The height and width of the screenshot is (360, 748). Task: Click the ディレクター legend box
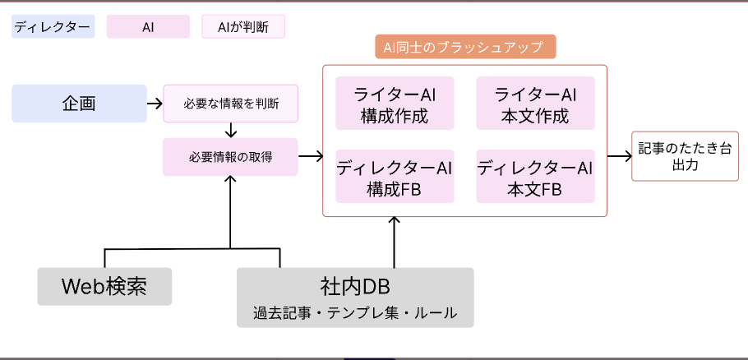pos(53,27)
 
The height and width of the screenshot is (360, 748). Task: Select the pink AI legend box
pos(148,27)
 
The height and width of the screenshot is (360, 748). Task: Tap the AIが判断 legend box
pos(243,27)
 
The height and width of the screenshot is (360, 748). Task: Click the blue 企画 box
pos(79,104)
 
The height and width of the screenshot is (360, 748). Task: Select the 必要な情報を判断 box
pos(230,104)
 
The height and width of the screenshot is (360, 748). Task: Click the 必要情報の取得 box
pos(230,156)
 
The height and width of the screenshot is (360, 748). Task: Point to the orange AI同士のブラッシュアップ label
pos(465,47)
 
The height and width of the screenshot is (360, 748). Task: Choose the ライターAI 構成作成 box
pos(395,104)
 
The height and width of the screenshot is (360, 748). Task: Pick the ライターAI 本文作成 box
pos(535,104)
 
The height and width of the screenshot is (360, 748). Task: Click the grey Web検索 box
pos(104,287)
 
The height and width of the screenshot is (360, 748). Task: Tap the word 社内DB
pos(355,287)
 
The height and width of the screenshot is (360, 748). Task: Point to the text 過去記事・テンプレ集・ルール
pos(355,313)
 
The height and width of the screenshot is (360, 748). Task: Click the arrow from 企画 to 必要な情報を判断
pos(155,104)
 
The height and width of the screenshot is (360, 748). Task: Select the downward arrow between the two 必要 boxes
pos(230,130)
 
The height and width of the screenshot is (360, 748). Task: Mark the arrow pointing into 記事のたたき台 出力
pos(618,156)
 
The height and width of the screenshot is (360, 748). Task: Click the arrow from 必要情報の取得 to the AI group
pos(310,156)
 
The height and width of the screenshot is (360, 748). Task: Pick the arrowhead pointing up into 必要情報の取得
pos(230,181)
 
